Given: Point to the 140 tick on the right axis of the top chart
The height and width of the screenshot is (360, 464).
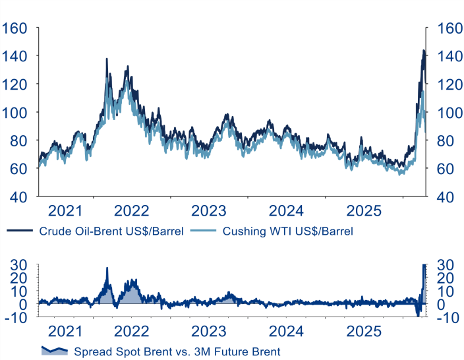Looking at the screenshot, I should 446,57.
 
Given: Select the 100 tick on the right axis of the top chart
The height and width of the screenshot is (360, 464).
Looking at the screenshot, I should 446,112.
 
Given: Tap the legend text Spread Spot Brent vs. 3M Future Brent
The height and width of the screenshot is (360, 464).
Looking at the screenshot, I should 177,351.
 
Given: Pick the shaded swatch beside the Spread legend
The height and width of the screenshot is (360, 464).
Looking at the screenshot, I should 55,350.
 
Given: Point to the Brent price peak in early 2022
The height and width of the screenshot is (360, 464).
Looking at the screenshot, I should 107,59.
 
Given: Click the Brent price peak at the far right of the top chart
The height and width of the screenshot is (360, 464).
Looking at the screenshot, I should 422,50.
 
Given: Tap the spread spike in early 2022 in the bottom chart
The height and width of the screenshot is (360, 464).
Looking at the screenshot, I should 107,268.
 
